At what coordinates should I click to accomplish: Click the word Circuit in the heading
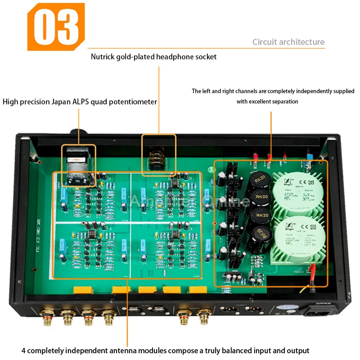pos(264,42)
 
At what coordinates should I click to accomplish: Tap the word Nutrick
pos(105,57)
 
